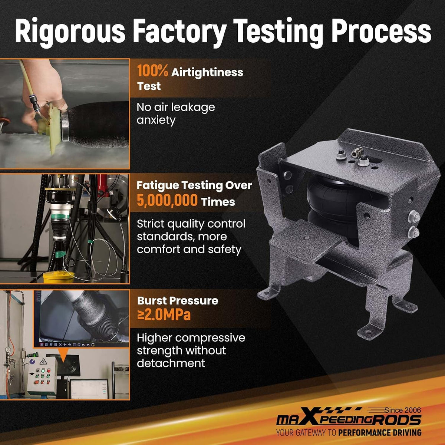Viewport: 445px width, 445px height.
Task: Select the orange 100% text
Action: click(x=152, y=71)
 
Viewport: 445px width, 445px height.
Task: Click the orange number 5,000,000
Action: click(x=167, y=200)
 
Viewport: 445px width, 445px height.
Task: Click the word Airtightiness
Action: click(x=207, y=73)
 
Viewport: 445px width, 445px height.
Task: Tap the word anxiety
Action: click(x=156, y=121)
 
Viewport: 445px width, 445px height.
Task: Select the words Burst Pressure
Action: click(x=178, y=300)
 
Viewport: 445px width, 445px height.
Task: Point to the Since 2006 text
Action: click(x=402, y=410)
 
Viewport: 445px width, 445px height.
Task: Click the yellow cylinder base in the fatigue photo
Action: click(x=59, y=277)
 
